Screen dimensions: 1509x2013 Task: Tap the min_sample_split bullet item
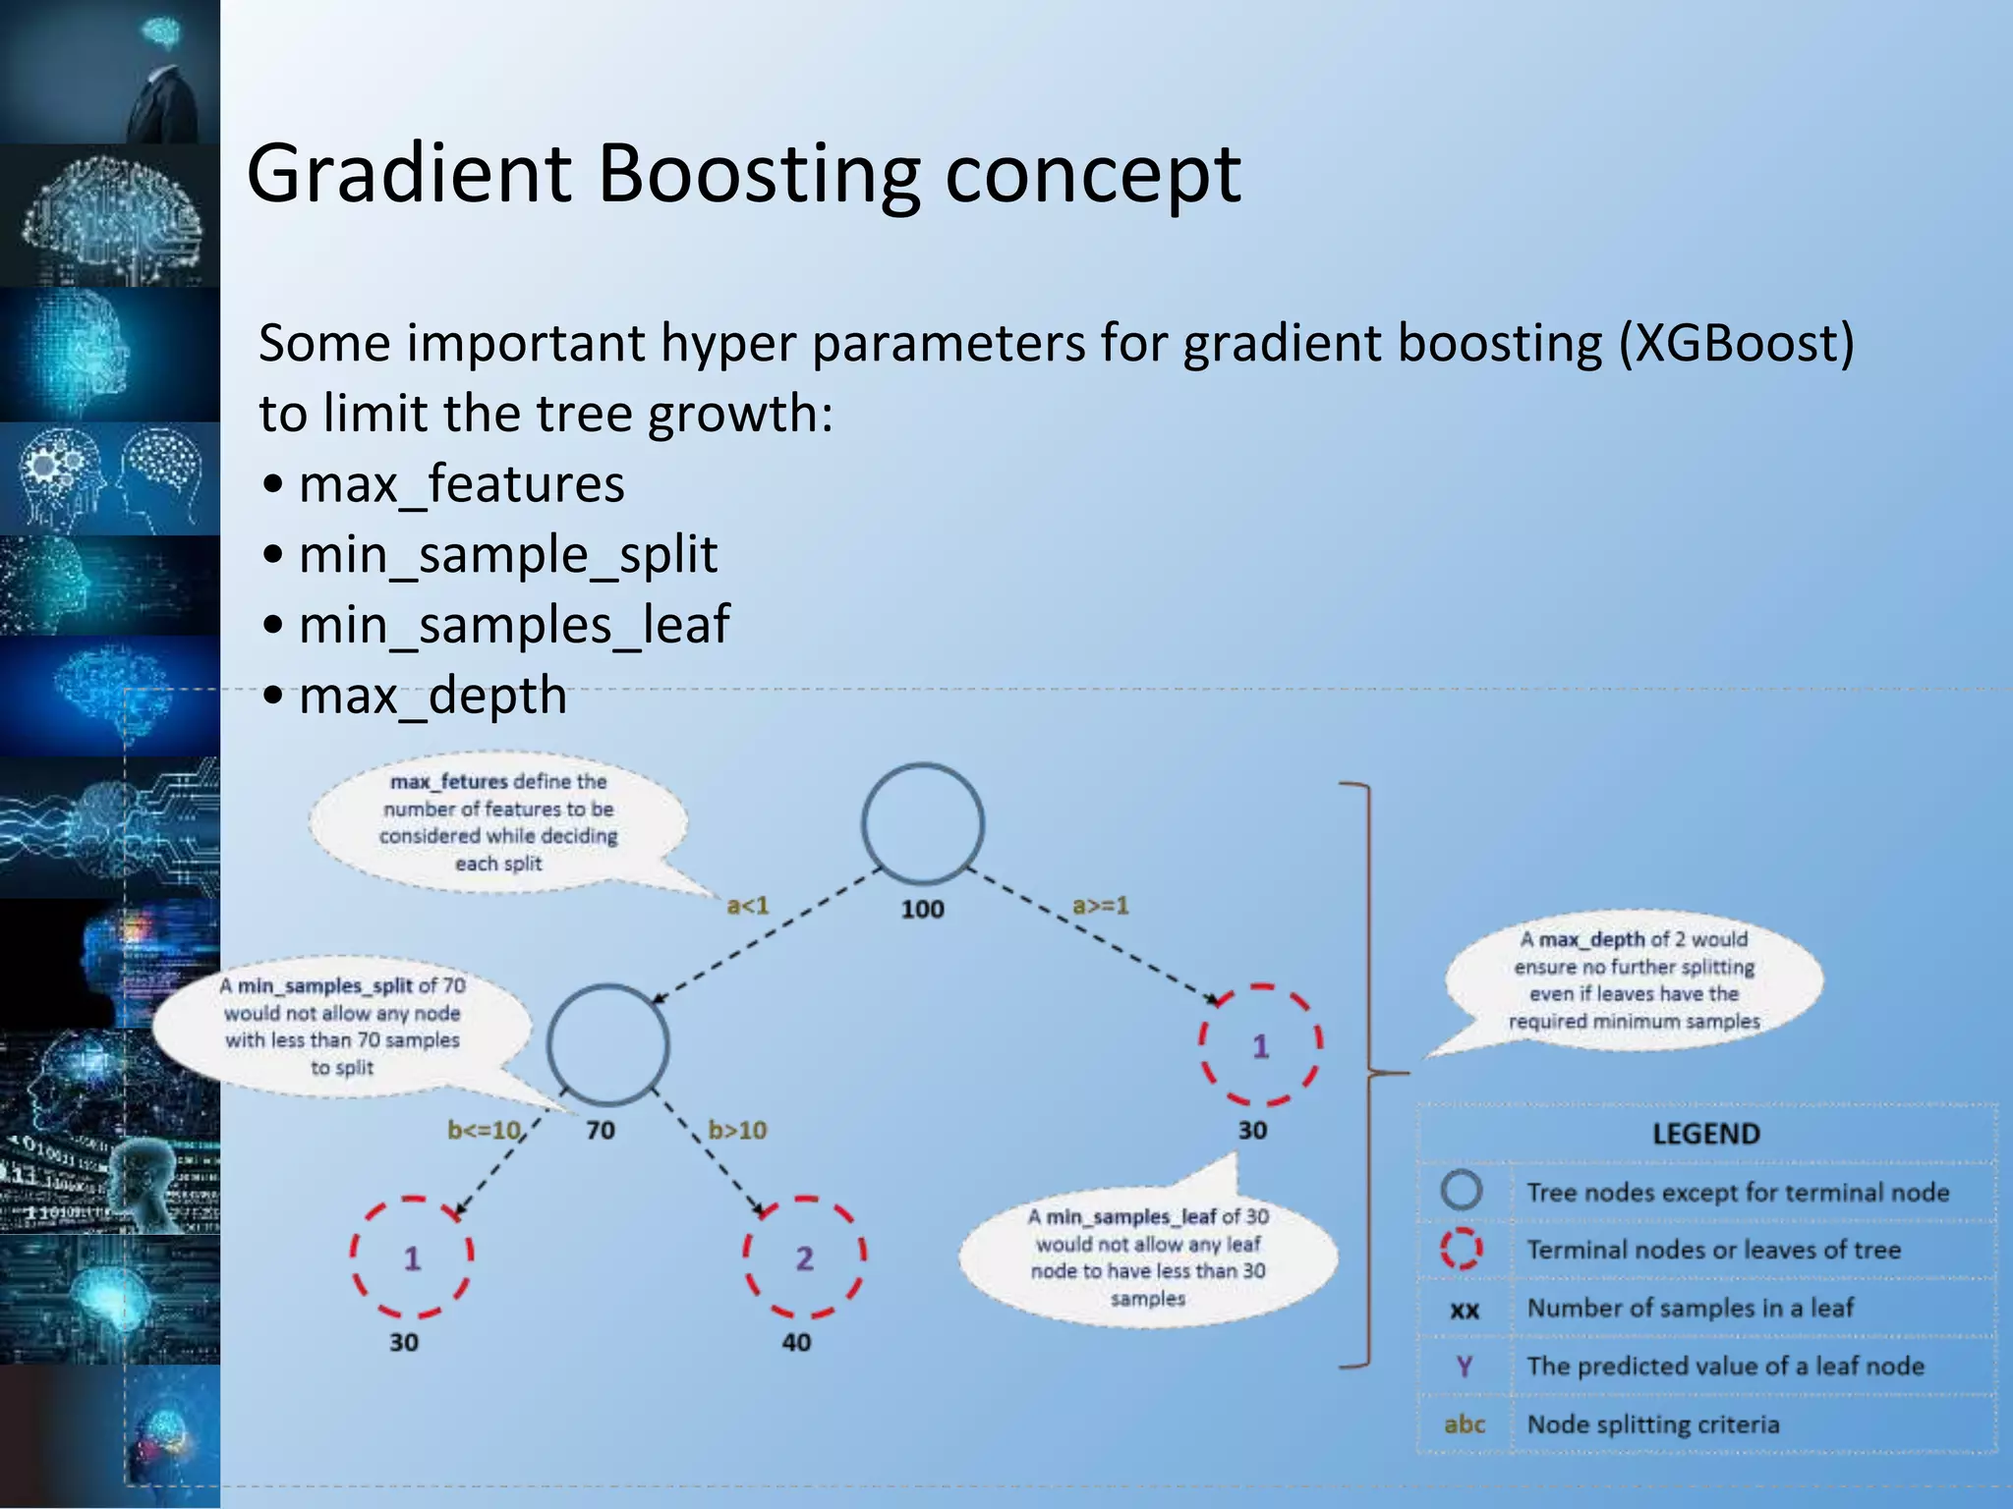click(x=507, y=555)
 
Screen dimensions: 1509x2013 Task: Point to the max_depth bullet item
click(x=432, y=696)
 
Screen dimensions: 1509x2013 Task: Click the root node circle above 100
click(x=922, y=823)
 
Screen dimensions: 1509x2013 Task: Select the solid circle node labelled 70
click(x=608, y=1043)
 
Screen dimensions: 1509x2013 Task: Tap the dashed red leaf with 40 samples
click(x=804, y=1257)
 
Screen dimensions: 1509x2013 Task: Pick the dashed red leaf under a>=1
click(x=1260, y=1045)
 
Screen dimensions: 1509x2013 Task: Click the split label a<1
click(x=747, y=905)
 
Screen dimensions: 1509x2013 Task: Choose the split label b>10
click(x=737, y=1130)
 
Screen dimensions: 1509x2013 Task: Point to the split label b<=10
click(x=485, y=1130)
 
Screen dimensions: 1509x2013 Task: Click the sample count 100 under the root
click(x=922, y=909)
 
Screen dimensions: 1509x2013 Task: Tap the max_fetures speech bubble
click(x=498, y=822)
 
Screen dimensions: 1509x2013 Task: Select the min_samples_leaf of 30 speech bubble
click(x=1148, y=1257)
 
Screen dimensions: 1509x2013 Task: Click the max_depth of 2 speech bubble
click(x=1634, y=979)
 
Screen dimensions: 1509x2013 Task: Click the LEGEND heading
click(x=1705, y=1134)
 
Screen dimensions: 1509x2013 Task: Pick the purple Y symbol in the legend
click(x=1464, y=1366)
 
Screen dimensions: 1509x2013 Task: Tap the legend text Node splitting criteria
click(x=1652, y=1425)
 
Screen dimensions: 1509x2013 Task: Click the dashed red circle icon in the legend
click(x=1462, y=1249)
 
